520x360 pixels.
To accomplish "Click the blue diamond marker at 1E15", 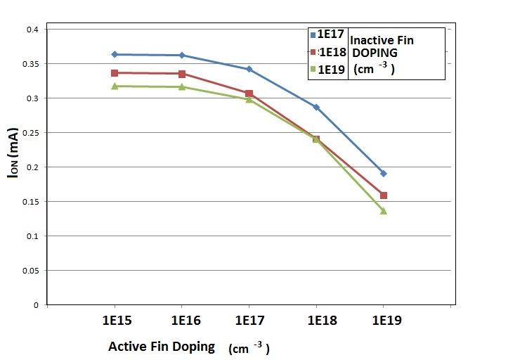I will click(x=115, y=54).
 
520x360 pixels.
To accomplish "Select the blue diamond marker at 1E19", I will click(x=384, y=173).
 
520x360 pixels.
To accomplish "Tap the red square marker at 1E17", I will click(x=249, y=94).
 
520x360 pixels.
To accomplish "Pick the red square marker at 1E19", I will click(x=384, y=195).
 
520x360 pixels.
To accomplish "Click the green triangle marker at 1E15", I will click(x=115, y=86).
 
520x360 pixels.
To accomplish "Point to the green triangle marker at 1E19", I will click(x=384, y=211).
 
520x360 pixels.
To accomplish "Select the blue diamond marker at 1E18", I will click(x=316, y=107).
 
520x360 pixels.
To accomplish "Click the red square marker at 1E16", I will click(x=182, y=74).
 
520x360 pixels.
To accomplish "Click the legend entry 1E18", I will click(x=329, y=53).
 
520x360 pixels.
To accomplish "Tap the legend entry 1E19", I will click(x=329, y=70).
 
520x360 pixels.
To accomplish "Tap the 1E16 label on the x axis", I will click(x=182, y=321).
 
